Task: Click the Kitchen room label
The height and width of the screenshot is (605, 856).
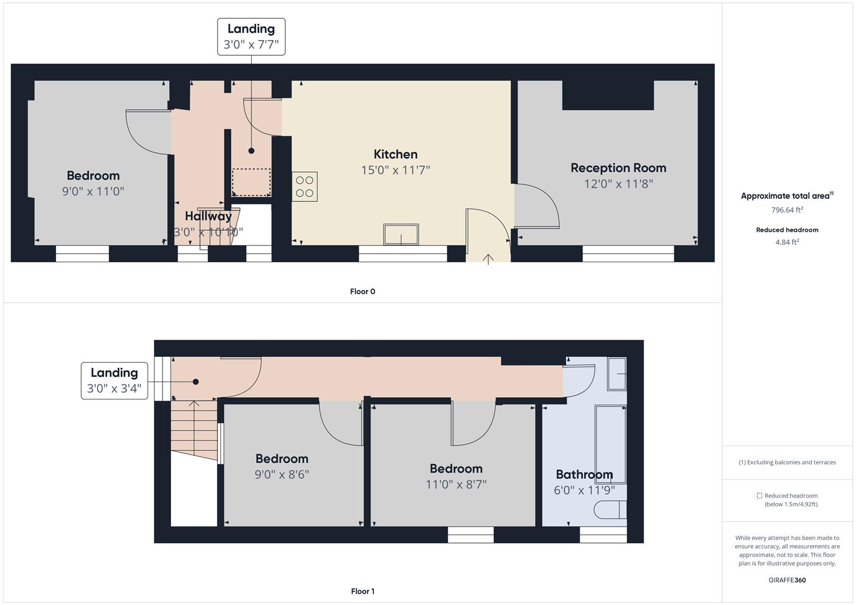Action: tap(395, 154)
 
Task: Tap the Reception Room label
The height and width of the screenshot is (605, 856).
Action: tap(618, 167)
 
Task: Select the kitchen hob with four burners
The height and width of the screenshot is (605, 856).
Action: tap(304, 187)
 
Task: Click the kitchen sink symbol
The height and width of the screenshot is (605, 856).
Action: tap(401, 234)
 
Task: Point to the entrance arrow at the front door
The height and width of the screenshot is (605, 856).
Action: tap(488, 259)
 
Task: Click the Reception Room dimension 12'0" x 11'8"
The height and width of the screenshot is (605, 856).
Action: tap(618, 184)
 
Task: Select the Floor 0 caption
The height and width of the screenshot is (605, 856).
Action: tap(362, 291)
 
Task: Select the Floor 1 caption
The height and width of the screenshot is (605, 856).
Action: tap(362, 591)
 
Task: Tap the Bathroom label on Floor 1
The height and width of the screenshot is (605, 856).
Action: tap(584, 474)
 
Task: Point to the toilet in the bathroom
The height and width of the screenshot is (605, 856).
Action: tap(609, 510)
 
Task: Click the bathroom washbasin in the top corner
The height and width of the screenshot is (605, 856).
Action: tap(617, 374)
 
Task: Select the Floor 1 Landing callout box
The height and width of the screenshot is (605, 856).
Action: tap(114, 380)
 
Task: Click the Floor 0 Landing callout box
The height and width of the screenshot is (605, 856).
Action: tap(251, 37)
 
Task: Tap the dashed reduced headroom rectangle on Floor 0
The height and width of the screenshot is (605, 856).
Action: tap(251, 182)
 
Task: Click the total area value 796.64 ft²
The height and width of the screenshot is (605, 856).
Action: tap(787, 210)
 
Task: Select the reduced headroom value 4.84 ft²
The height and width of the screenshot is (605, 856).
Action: tap(787, 242)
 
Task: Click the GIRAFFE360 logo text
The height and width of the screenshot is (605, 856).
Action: tap(787, 580)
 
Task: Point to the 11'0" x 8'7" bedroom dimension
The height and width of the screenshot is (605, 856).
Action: tap(456, 485)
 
